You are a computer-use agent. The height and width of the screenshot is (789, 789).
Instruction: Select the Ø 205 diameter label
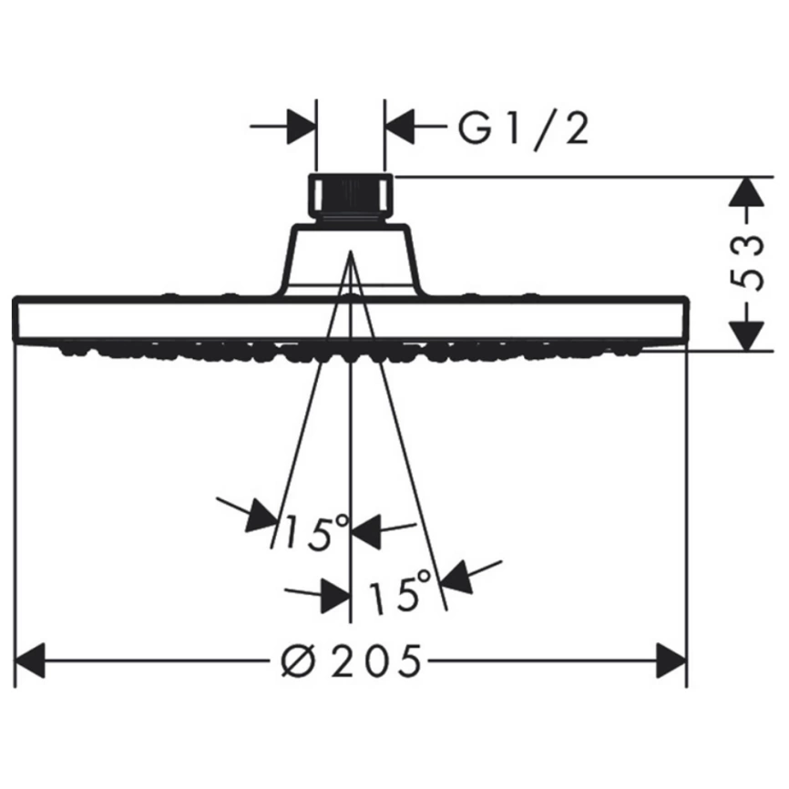[x=351, y=661]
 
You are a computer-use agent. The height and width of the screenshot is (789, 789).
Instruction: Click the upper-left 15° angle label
[x=316, y=532]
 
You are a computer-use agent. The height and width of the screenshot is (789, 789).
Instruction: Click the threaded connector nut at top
[x=350, y=197]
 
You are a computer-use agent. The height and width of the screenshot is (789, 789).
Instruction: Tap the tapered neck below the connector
[x=350, y=261]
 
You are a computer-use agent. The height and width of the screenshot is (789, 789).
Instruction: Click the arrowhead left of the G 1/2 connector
[x=302, y=126]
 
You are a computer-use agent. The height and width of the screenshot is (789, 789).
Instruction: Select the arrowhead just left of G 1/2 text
[x=399, y=126]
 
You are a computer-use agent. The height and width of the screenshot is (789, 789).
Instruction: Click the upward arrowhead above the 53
[x=746, y=191]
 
